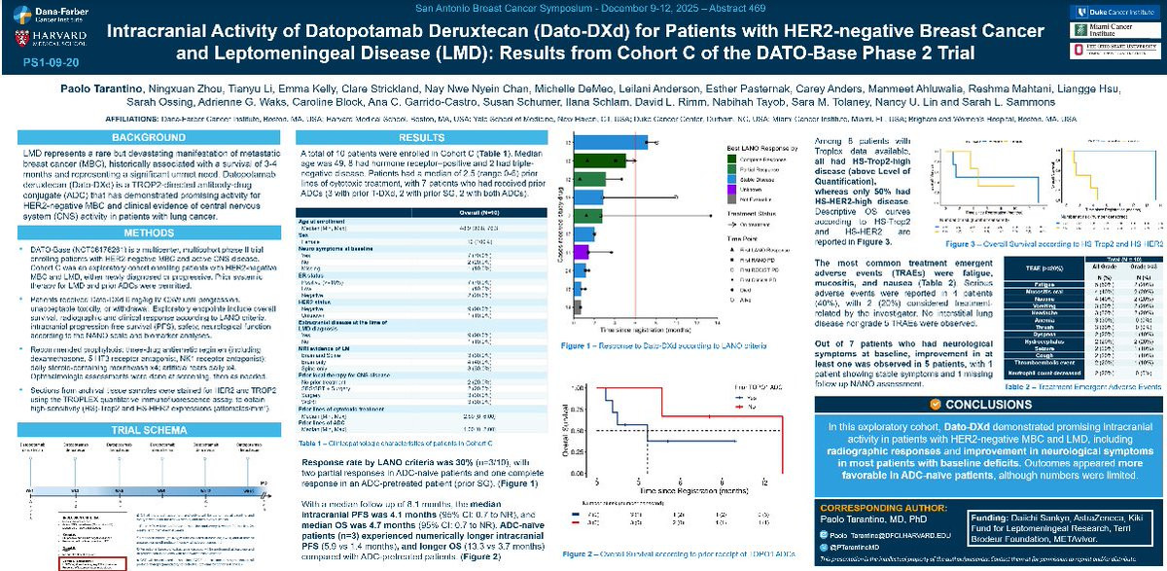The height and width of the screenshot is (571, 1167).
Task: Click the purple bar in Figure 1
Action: click(x=582, y=252)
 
